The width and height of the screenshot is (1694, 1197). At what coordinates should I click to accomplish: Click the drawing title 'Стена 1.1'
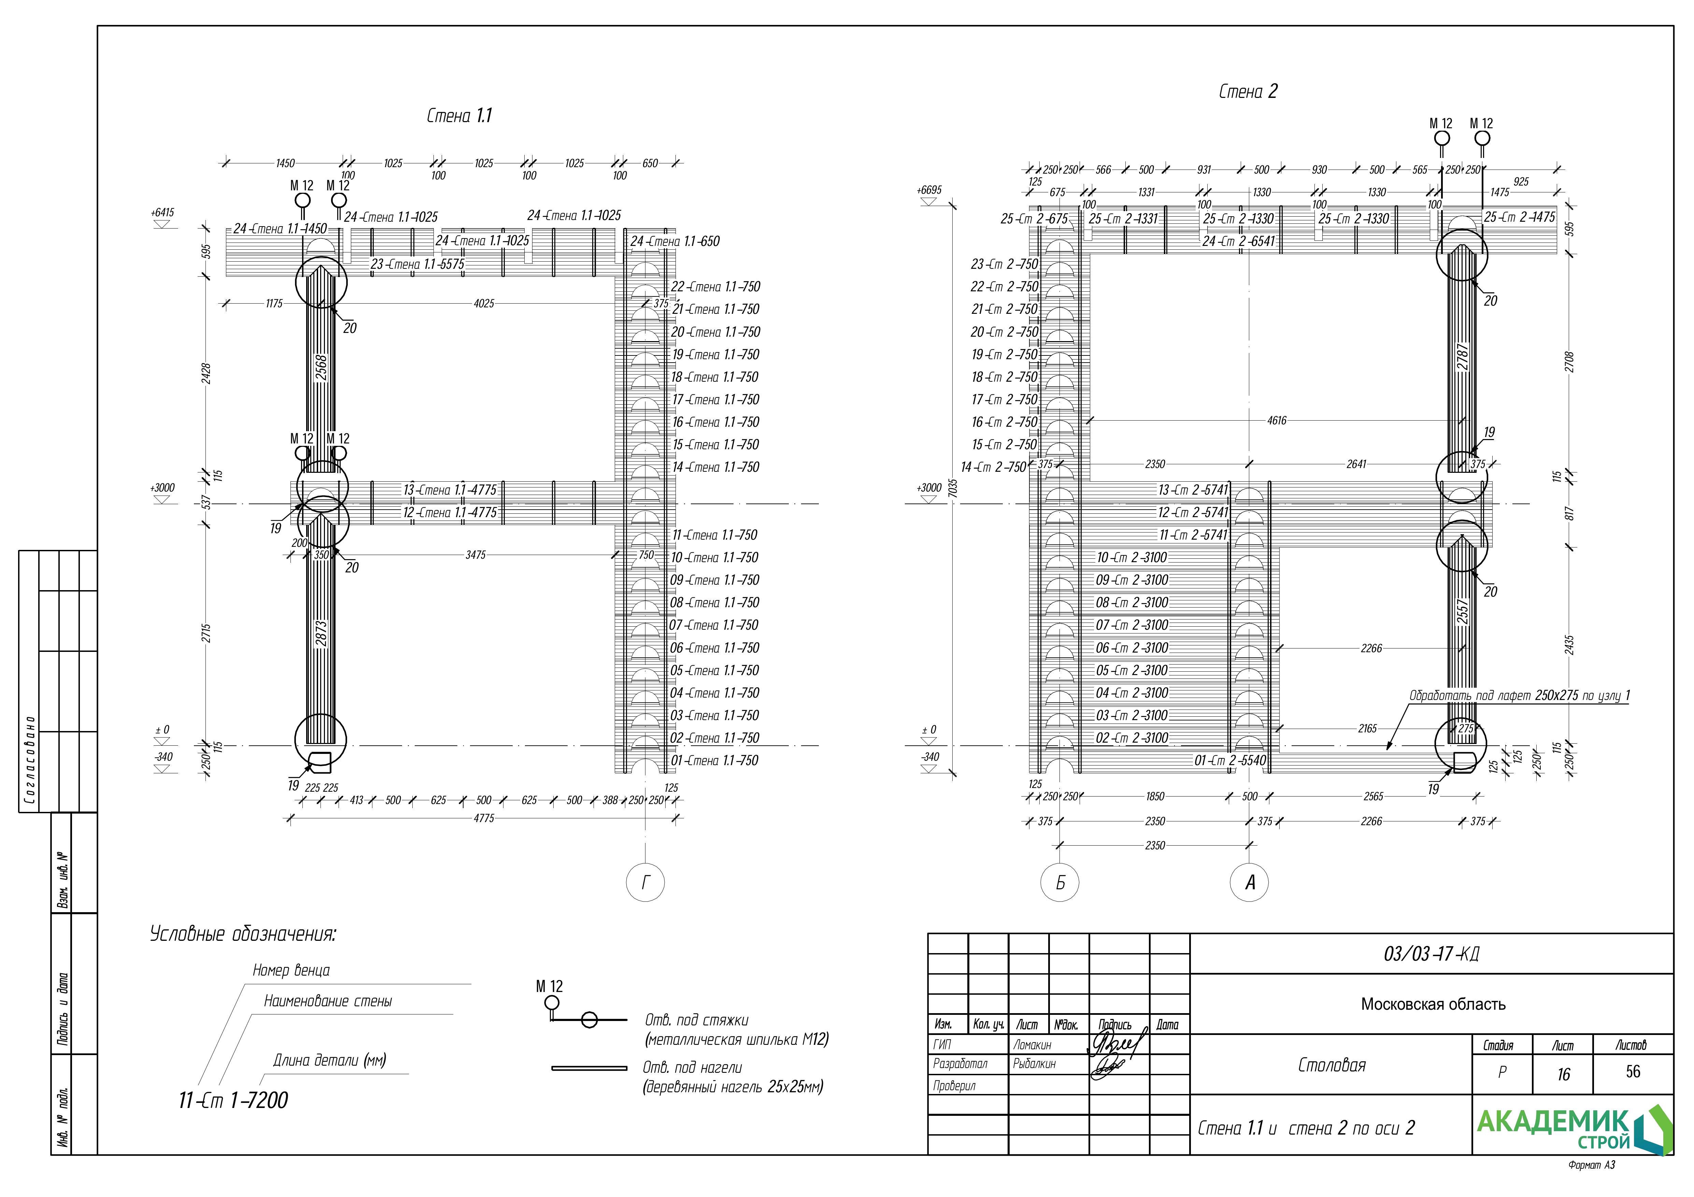[459, 116]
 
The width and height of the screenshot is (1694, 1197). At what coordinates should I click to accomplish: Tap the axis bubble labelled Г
[645, 882]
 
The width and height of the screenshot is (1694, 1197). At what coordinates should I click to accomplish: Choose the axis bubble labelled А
[1250, 882]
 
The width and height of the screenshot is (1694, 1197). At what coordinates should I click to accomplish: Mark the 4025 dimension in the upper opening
[484, 303]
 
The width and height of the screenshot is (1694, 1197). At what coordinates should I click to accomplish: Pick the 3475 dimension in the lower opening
[476, 555]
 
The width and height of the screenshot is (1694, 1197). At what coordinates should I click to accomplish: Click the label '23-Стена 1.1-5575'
[417, 264]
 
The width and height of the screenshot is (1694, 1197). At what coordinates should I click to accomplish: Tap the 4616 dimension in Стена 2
[1277, 420]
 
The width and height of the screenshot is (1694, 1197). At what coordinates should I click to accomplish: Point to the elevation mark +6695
[929, 190]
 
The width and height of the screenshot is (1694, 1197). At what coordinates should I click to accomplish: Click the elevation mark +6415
[162, 213]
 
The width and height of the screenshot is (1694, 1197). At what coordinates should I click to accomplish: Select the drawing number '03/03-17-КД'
[1431, 954]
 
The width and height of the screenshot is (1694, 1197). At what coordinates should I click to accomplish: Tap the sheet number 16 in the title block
[1563, 1075]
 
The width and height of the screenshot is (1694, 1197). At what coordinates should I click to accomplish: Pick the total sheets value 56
[1633, 1071]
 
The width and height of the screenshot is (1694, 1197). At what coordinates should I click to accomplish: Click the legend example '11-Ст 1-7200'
[233, 1100]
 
